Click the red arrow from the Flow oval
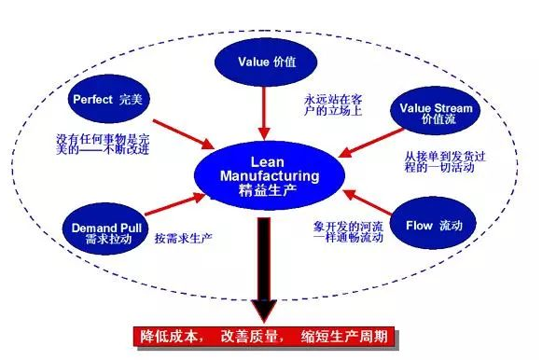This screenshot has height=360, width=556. pyautogui.click(x=365, y=202)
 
